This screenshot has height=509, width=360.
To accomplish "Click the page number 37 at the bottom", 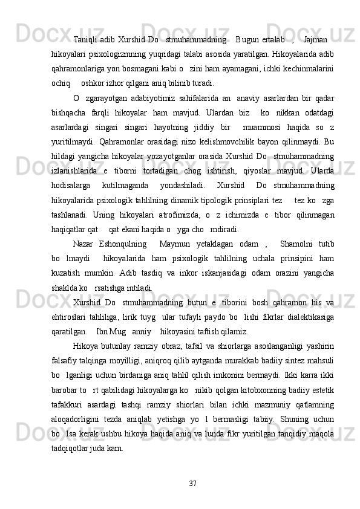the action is point(193,466).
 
